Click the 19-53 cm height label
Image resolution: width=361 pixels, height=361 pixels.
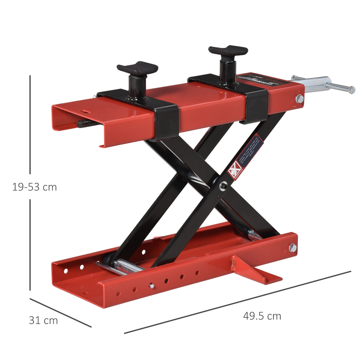(x=34, y=187)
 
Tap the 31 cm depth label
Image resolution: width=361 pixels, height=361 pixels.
(x=43, y=320)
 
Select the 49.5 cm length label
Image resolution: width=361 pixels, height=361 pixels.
(x=262, y=316)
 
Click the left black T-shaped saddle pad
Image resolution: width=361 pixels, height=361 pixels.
(x=137, y=68)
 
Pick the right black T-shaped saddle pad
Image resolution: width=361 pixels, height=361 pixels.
(x=228, y=51)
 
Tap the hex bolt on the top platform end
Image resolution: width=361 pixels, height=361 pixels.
(x=299, y=98)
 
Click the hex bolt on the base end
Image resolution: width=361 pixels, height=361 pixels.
(x=293, y=247)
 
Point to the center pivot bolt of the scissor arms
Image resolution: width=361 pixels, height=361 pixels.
(x=222, y=186)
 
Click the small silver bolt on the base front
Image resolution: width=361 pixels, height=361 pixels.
(x=151, y=286)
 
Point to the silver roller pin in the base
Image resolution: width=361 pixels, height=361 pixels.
(x=125, y=265)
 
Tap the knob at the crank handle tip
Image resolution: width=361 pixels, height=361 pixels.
(x=352, y=89)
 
